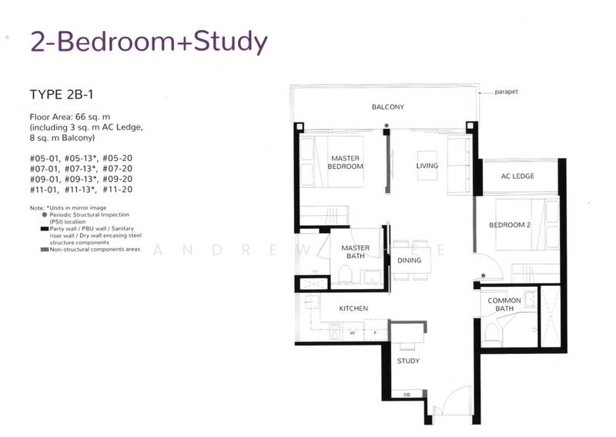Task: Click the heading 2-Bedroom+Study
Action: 149,42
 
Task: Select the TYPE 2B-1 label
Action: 62,95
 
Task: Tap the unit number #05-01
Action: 45,159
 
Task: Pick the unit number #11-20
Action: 118,190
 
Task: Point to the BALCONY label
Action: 388,107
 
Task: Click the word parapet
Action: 506,92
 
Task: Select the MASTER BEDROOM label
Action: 345,163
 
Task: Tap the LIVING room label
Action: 427,166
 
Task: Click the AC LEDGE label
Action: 517,176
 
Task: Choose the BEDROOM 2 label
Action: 510,225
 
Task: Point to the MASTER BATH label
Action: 356,252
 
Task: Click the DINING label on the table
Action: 409,261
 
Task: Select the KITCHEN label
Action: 353,309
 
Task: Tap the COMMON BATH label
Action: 504,305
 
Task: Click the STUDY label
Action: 408,361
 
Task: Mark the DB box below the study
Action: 407,394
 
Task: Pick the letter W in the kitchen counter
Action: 353,333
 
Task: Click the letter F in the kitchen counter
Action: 375,333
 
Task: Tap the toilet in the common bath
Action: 491,333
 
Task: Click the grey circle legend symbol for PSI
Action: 45,215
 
